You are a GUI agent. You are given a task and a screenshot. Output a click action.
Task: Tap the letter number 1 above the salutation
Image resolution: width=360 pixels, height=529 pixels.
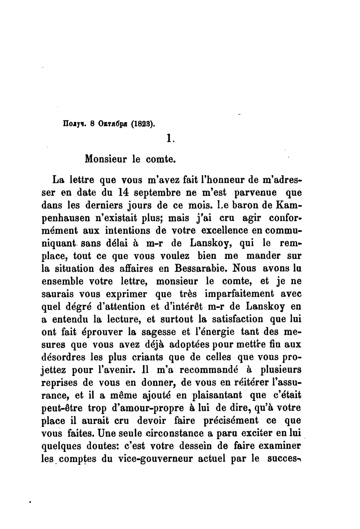point(169,138)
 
